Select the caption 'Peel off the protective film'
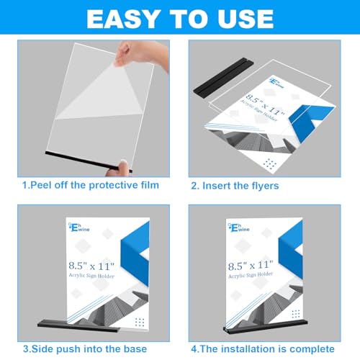click(91, 186)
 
